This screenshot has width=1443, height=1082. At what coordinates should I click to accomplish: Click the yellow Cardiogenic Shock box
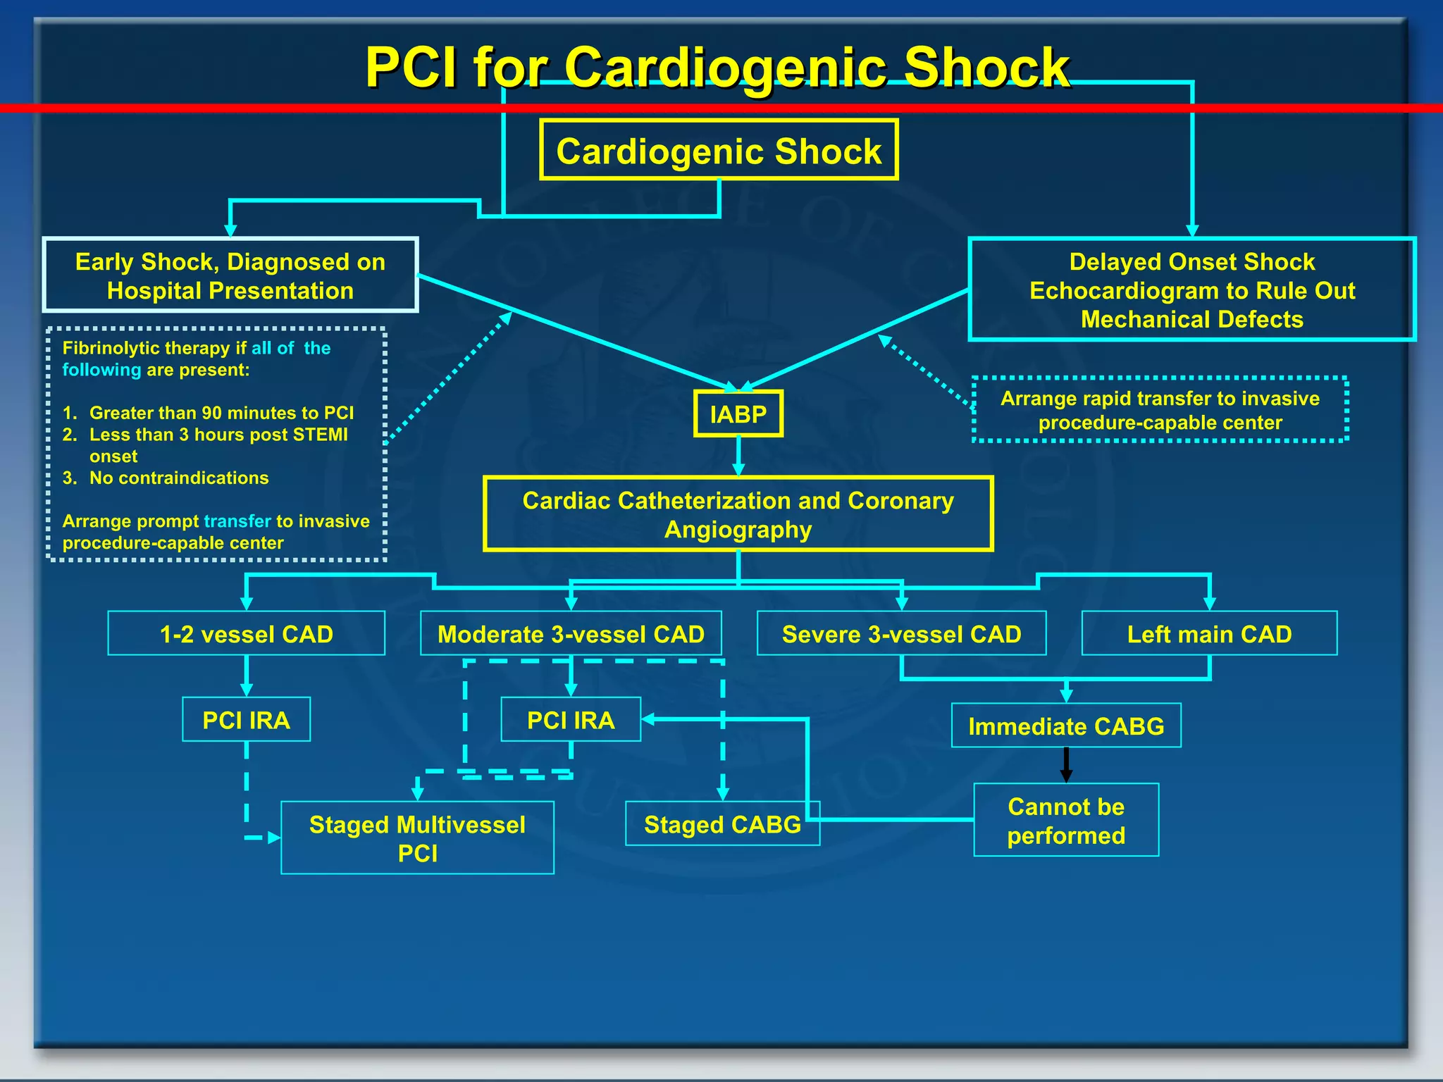[719, 150]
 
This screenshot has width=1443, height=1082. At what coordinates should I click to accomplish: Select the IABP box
[738, 414]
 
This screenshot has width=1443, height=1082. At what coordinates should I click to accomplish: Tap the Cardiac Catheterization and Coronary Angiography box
[738, 514]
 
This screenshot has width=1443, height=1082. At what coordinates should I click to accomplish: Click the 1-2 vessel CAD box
[246, 634]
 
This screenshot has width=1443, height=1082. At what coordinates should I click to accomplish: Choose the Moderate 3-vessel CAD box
[571, 634]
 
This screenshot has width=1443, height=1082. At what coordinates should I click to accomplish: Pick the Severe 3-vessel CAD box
[901, 634]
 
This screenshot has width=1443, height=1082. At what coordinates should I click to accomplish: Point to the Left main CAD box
[1209, 634]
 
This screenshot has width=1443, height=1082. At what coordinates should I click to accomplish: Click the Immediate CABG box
[1065, 726]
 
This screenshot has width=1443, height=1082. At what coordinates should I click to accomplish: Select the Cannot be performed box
[1065, 821]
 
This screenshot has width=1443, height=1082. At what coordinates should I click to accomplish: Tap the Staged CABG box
[721, 824]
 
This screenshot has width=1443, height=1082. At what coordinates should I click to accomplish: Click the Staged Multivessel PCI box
[417, 838]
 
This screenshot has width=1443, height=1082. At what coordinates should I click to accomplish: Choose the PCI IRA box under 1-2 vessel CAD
[246, 720]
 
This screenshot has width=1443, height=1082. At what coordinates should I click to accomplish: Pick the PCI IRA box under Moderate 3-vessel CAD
[571, 720]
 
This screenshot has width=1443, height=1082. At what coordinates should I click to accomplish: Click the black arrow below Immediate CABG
[1066, 765]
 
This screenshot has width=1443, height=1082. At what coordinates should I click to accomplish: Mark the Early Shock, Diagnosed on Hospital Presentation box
[230, 275]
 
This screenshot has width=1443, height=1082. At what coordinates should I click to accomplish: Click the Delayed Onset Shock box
[1191, 290]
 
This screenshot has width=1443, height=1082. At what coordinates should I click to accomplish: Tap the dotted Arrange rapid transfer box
[1160, 410]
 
